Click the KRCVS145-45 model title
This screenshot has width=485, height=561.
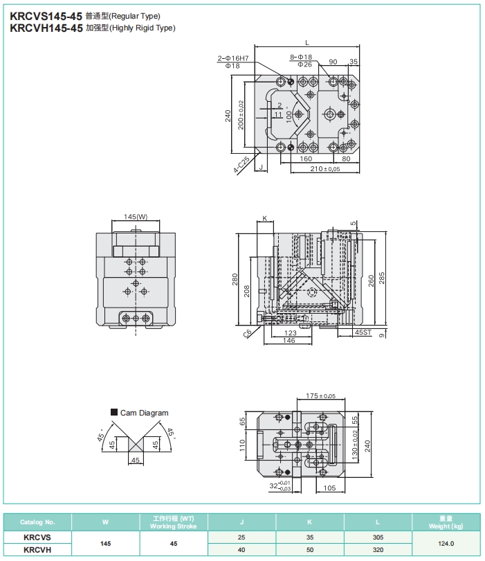coord(46,16)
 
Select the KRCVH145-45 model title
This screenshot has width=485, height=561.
coord(46,28)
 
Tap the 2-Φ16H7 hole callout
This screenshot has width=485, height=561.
coord(233,58)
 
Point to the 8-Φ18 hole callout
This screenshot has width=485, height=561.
coord(301,57)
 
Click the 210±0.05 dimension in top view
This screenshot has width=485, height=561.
coord(325,168)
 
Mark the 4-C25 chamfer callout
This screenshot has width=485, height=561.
coord(242,165)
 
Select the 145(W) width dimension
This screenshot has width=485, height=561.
coord(136,217)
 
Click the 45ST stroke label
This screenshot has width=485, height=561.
coord(363,332)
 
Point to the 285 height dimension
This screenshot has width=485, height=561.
coord(382,278)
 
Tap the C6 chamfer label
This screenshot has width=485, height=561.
coord(247,333)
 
